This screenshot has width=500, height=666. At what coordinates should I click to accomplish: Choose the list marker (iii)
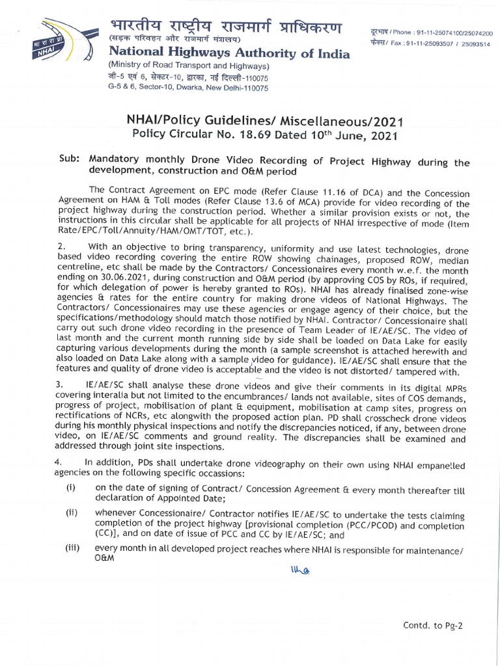[72, 548]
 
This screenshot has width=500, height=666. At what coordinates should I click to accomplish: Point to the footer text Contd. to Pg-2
[434, 626]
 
